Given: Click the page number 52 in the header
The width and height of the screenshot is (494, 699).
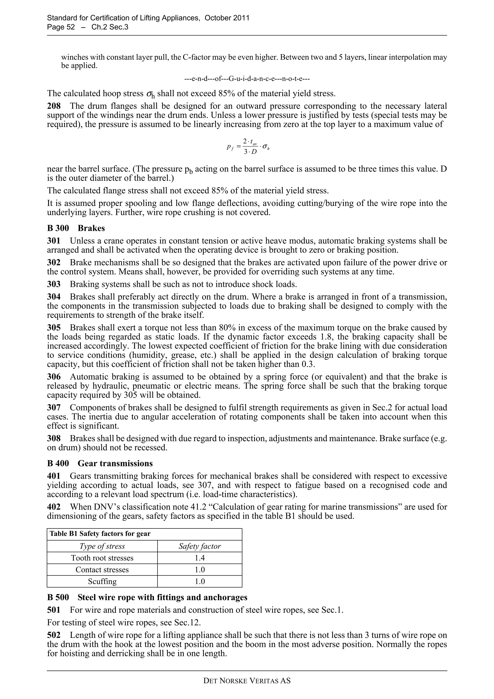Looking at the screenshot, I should point(70,27).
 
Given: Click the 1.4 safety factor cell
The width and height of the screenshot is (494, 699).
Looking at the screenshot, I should point(200,558).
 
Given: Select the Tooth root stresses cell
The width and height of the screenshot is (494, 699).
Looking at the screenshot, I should point(102,558).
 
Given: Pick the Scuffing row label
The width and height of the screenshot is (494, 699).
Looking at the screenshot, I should point(102,581).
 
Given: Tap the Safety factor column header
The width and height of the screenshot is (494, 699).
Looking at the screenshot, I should point(200,546).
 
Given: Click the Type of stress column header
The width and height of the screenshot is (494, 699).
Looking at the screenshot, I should point(102,546).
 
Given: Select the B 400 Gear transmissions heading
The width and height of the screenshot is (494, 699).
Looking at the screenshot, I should point(100,463).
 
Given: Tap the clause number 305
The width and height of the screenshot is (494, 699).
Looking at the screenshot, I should point(54,328).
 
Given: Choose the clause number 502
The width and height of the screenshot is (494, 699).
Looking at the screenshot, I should point(54,635).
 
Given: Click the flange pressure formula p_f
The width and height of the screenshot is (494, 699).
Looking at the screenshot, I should point(248,146).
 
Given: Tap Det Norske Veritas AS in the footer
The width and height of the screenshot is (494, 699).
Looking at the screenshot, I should point(247,681).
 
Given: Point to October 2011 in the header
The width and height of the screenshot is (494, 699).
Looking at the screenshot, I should point(227,18).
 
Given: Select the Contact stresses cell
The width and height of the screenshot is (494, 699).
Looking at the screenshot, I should point(102,570).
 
